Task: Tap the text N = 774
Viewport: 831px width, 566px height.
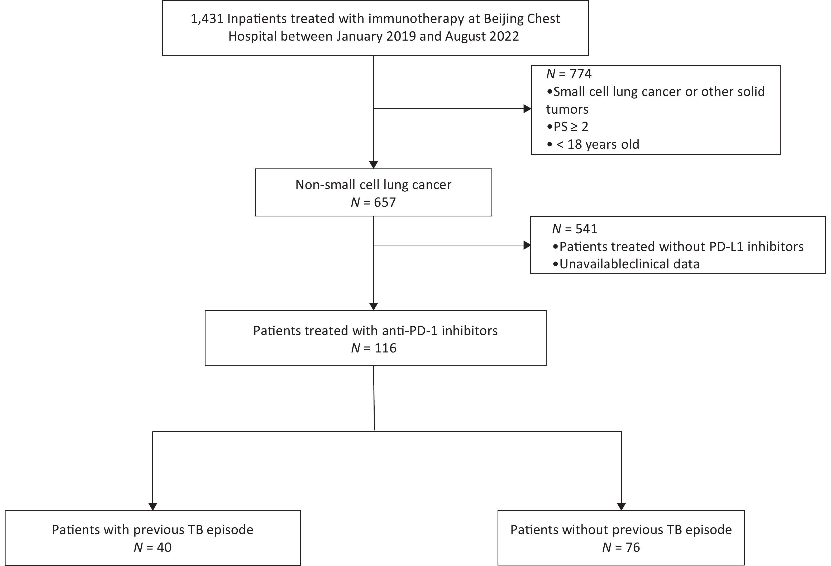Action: coord(569,74)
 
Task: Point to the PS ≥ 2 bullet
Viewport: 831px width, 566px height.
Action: coord(567,127)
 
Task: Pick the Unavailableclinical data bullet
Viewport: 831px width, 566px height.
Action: coord(626,264)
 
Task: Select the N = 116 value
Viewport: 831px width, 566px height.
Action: coord(374,348)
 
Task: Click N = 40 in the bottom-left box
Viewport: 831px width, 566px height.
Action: coord(153,548)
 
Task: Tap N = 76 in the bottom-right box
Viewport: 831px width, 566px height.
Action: coord(621,548)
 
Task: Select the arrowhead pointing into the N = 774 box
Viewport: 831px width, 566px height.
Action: coord(527,109)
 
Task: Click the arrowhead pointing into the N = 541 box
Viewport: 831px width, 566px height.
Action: coord(527,245)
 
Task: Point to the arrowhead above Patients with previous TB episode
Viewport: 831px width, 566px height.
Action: coord(153,507)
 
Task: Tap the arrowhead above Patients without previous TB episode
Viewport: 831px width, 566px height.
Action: coord(622,507)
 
